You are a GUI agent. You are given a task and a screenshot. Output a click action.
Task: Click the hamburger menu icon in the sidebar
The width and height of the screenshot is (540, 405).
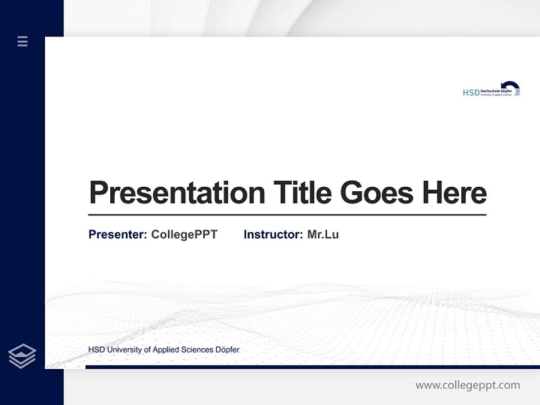pyautogui.click(x=22, y=41)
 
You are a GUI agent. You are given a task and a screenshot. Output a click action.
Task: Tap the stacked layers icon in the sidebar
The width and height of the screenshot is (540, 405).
pyautogui.click(x=22, y=356)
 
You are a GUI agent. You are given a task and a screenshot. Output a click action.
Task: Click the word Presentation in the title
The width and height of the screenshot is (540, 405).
pyautogui.click(x=177, y=193)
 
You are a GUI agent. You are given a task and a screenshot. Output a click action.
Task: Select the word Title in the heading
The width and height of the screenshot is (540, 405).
pyautogui.click(x=302, y=193)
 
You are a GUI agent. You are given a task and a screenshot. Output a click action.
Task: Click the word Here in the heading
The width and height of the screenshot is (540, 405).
pyautogui.click(x=454, y=193)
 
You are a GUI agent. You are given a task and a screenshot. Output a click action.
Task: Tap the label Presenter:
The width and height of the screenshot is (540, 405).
pyautogui.click(x=118, y=235)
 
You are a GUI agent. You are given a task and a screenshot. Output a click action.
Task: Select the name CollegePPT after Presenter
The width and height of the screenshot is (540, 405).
pyautogui.click(x=184, y=235)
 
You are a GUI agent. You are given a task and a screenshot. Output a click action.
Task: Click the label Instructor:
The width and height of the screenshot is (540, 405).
pyautogui.click(x=273, y=235)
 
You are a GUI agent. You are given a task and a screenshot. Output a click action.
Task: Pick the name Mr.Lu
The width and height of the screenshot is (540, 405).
pyautogui.click(x=323, y=235)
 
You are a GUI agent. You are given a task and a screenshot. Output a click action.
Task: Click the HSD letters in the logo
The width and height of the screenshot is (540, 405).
pyautogui.click(x=471, y=92)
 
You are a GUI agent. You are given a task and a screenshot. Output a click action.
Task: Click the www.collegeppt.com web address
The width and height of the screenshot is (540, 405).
pyautogui.click(x=467, y=385)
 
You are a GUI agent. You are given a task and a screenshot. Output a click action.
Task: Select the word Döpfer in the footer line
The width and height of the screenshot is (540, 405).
pyautogui.click(x=227, y=350)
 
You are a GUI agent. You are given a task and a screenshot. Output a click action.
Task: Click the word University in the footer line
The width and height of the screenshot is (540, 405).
pyautogui.click(x=124, y=350)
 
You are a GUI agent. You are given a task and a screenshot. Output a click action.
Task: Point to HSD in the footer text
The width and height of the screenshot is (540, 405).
pyautogui.click(x=96, y=350)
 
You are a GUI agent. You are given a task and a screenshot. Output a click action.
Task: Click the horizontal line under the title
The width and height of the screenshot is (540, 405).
pyautogui.click(x=287, y=215)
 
